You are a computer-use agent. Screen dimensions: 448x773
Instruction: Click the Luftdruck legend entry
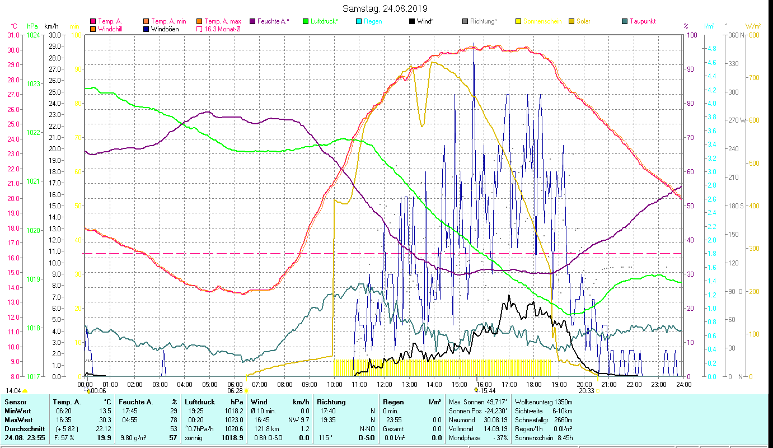pyautogui.click(x=324, y=21)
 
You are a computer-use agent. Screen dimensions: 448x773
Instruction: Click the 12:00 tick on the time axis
pyautogui.click(x=385, y=385)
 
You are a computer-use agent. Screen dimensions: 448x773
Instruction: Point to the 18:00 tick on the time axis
pyautogui.click(x=534, y=385)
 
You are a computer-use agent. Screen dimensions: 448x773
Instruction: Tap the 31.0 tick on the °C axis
pyautogui.click(x=12, y=35)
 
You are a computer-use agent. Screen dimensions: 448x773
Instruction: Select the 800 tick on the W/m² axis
pyautogui.click(x=753, y=35)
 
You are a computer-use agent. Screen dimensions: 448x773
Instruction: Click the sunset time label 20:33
pyautogui.click(x=586, y=391)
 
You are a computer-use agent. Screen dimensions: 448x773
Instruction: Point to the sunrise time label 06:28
pyautogui.click(x=235, y=391)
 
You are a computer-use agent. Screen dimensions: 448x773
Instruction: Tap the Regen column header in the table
pyautogui.click(x=393, y=402)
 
